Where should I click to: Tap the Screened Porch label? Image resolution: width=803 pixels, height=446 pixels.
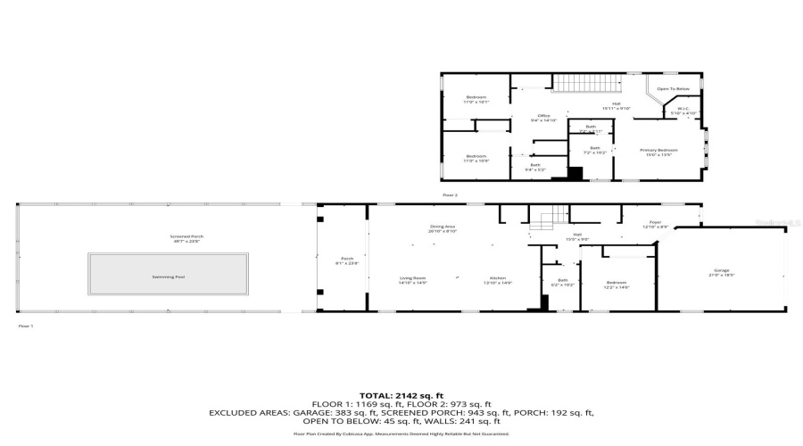tap(181, 238)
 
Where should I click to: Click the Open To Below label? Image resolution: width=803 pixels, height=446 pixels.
tap(674, 89)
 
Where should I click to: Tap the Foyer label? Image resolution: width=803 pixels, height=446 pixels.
tap(656, 223)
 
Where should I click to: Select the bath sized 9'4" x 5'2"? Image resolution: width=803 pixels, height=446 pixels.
tap(535, 167)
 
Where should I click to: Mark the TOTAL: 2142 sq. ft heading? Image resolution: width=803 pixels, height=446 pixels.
tap(401, 394)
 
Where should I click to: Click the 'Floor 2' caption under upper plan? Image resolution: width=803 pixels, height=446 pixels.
tap(450, 194)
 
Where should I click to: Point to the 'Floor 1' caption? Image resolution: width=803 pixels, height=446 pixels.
tap(26, 326)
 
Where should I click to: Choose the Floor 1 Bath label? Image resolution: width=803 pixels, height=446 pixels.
tap(563, 283)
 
